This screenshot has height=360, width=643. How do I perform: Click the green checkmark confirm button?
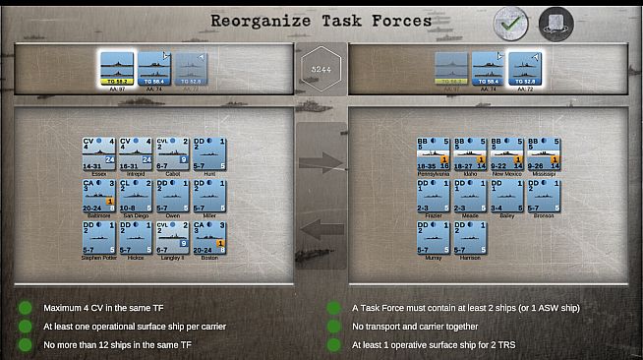click(511, 22)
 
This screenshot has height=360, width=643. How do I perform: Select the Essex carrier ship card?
click(98, 153)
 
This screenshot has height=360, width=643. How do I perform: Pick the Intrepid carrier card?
click(135, 153)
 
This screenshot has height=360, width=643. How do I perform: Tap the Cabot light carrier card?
click(172, 153)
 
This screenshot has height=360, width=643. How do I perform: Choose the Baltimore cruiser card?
click(98, 195)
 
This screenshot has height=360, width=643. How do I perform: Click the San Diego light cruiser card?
click(135, 195)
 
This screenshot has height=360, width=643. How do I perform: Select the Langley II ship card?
click(172, 237)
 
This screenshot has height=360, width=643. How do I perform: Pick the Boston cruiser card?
click(209, 237)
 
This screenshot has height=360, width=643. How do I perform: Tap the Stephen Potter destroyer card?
click(98, 237)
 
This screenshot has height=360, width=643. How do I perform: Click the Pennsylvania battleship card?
click(434, 153)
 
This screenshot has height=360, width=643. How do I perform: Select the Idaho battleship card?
click(470, 153)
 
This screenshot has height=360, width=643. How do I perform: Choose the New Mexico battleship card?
click(507, 153)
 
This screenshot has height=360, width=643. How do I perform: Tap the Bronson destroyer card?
click(544, 195)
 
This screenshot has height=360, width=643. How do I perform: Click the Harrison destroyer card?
click(470, 237)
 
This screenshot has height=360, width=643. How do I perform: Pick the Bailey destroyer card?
click(507, 195)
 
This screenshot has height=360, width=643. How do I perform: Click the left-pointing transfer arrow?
click(321, 229)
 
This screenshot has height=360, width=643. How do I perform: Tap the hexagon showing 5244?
click(321, 70)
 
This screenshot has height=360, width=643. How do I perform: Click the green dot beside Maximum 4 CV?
click(25, 308)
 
